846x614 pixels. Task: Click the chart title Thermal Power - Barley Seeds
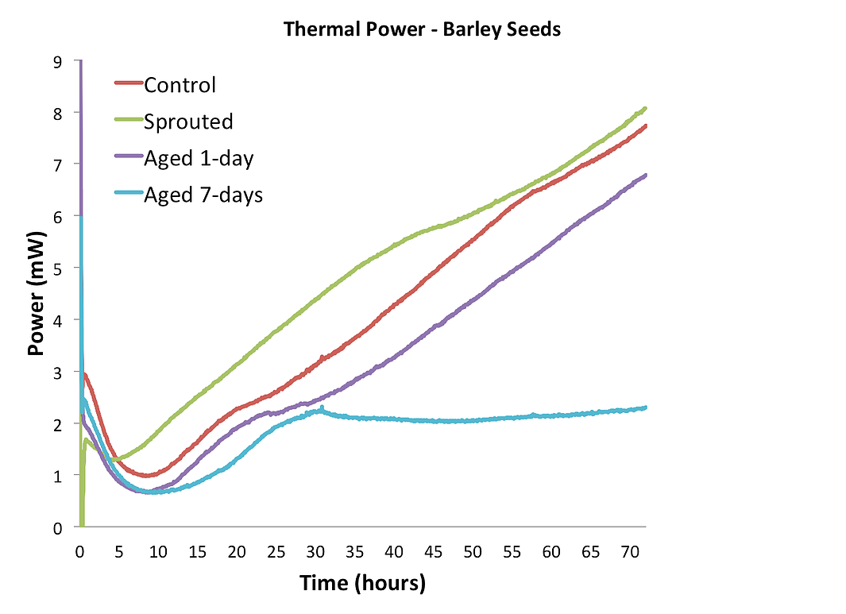pos(423,30)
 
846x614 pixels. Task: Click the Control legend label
pos(180,85)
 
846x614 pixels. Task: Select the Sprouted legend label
pos(188,122)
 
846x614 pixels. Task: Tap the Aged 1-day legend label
pos(199,158)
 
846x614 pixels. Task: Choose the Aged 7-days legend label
pos(203,195)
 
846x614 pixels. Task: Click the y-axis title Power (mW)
pos(36,294)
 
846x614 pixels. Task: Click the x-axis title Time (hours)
pos(362,583)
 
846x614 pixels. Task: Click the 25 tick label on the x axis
pos(276,550)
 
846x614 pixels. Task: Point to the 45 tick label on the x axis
pos(433,550)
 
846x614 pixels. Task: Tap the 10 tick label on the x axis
pos(158,550)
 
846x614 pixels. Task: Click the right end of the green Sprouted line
pos(645,108)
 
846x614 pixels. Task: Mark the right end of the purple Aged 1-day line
pos(645,175)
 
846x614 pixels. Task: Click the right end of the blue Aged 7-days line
pos(645,407)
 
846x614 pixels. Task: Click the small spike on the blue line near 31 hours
pos(322,407)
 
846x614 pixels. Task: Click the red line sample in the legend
pos(128,83)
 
